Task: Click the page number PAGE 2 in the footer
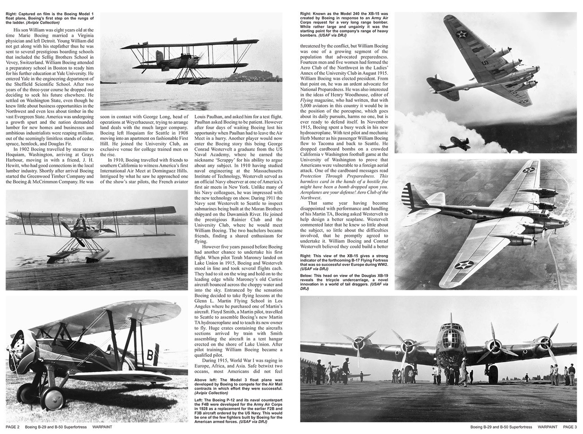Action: [13, 427]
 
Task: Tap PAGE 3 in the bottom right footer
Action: [570, 427]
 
